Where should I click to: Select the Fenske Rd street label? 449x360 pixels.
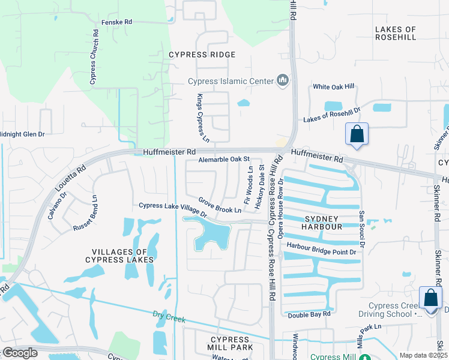pos(116,22)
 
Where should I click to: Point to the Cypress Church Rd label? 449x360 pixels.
pos(93,56)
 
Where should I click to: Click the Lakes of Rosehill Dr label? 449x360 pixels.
pos(331,115)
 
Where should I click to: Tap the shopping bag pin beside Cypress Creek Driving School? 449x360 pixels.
pos(431,298)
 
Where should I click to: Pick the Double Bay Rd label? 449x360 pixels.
pos(309,314)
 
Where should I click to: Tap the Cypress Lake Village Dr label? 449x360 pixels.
pos(172,209)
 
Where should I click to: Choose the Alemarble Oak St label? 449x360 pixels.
pos(224,159)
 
